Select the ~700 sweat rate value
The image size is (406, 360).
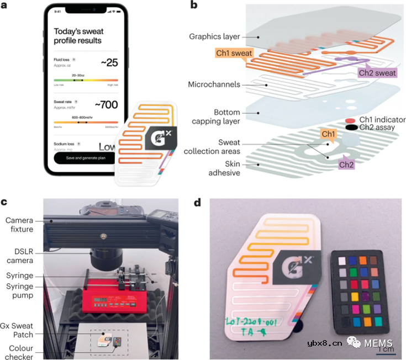106,104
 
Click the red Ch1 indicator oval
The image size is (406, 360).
349,119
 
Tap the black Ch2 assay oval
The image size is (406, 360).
349,128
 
